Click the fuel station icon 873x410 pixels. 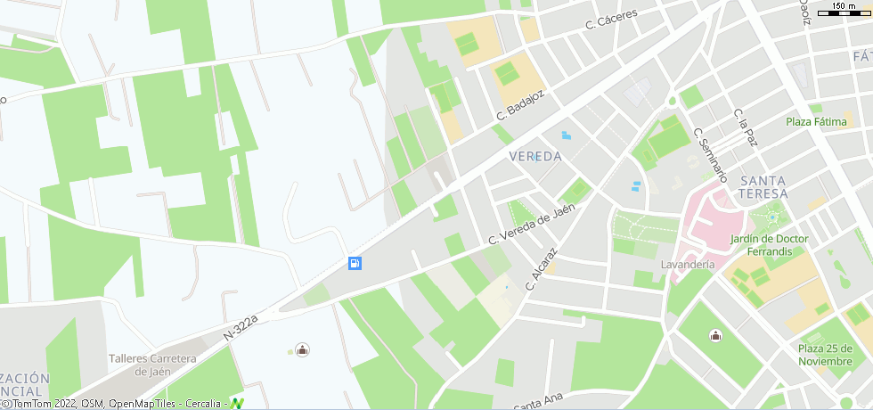click(x=355, y=263)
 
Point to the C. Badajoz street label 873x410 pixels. click(x=519, y=102)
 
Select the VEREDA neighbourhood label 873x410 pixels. click(x=535, y=156)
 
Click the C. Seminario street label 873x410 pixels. click(x=710, y=155)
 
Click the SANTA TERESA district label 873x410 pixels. click(x=763, y=187)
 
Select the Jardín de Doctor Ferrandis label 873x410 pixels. click(x=769, y=245)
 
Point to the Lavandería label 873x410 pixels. click(x=688, y=265)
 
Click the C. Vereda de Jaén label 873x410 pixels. click(x=532, y=225)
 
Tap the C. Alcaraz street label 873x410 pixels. click(x=541, y=268)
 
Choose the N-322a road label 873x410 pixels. click(x=240, y=327)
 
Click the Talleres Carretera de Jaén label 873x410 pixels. click(x=151, y=365)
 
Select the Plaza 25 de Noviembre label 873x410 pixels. click(x=825, y=355)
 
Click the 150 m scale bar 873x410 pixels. click(x=844, y=12)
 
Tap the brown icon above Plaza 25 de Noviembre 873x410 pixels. click(x=715, y=335)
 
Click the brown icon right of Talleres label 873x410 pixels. click(x=302, y=350)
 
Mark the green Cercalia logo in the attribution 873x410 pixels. click(x=236, y=404)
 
